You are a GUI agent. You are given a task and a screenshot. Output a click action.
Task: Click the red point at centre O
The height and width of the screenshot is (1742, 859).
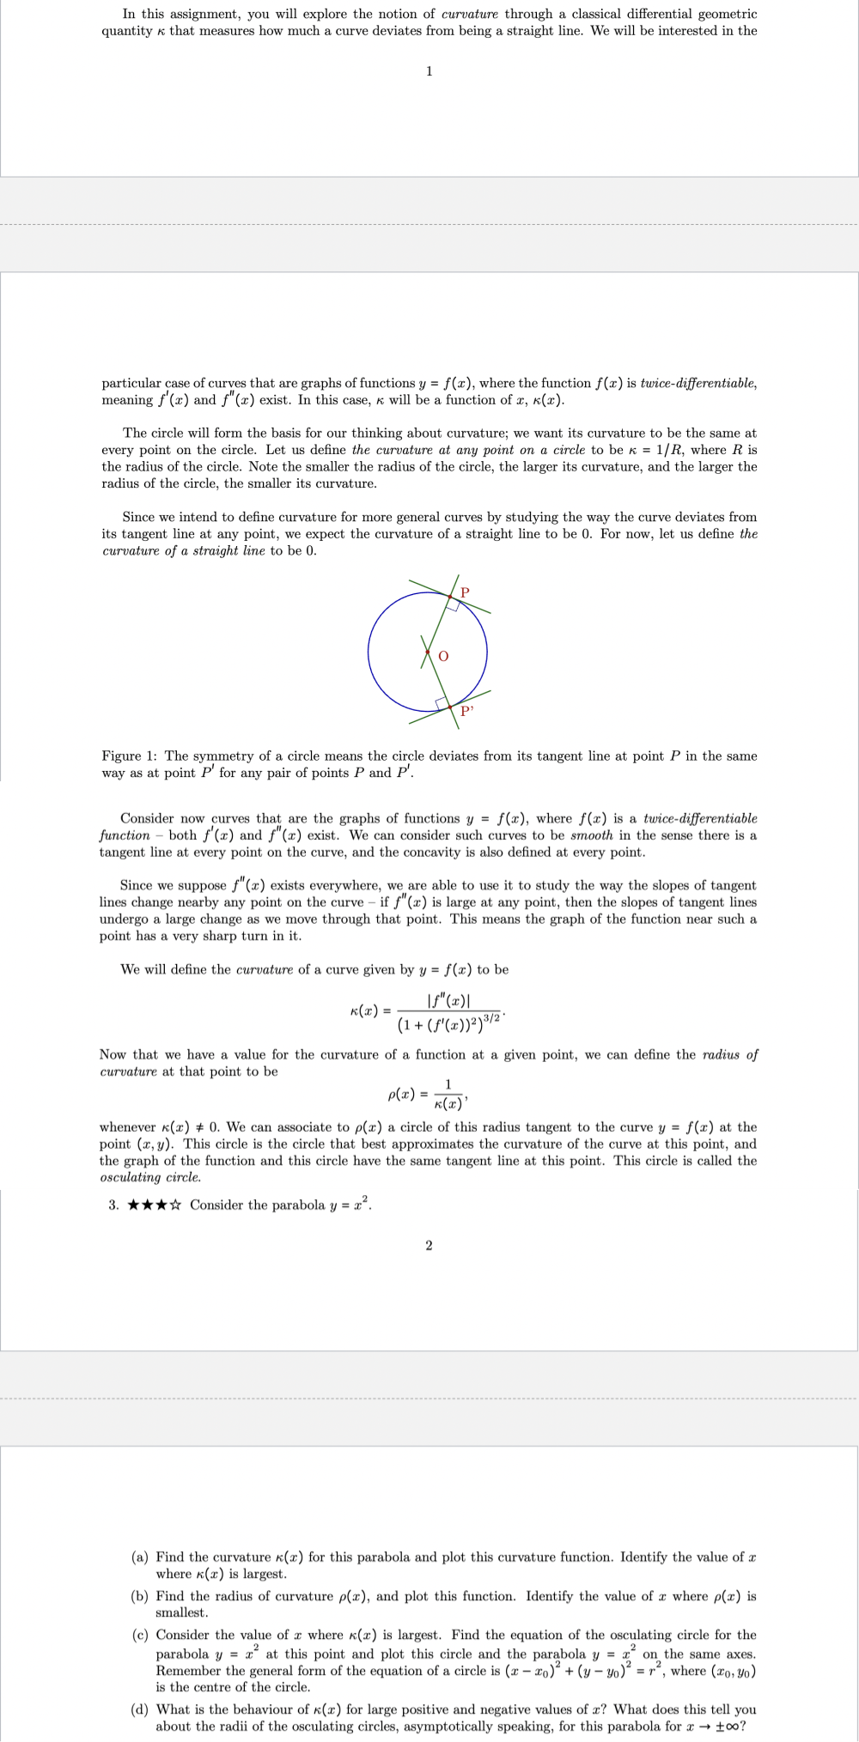(427, 653)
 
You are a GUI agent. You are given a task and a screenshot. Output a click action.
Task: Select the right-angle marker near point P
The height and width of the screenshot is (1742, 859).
(453, 604)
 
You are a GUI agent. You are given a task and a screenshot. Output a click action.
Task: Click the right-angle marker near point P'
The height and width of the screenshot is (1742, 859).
(443, 704)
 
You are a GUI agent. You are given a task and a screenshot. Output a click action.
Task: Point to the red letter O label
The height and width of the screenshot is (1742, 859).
(443, 656)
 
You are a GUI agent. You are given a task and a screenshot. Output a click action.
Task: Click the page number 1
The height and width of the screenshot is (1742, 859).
(429, 70)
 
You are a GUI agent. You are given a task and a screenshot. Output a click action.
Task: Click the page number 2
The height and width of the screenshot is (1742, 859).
(429, 1245)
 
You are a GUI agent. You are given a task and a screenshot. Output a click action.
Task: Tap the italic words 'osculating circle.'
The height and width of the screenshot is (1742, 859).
(150, 1177)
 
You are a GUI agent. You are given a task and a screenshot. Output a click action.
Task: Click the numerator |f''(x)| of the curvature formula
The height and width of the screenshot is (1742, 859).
(451, 999)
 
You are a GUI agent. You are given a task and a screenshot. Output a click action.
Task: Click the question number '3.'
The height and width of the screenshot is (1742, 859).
(113, 1205)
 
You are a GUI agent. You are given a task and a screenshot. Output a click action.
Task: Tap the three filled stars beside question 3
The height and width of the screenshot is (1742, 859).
(148, 1205)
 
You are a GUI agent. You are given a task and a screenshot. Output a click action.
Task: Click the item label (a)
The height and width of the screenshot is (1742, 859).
(139, 1557)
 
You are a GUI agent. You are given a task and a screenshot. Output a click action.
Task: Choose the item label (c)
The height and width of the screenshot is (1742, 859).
(139, 1635)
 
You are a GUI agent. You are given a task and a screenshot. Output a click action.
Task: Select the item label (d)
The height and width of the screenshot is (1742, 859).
(139, 1709)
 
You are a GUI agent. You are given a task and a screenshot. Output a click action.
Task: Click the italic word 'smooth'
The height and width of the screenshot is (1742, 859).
(592, 835)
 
